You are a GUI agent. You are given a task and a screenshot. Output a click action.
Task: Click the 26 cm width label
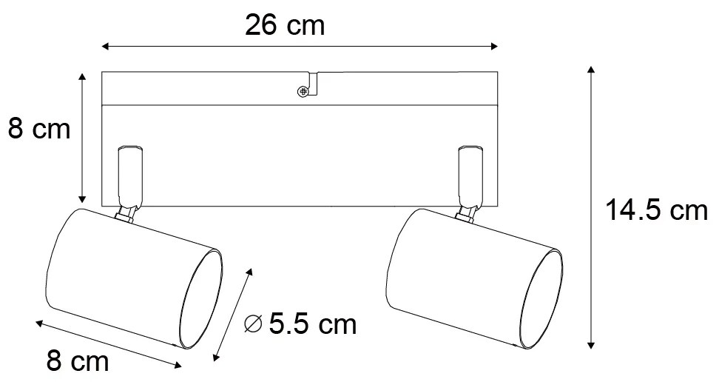[x=285, y=25]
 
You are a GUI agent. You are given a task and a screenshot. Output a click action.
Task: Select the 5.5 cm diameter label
[x=311, y=324]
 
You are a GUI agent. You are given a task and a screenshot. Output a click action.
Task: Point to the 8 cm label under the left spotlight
[x=77, y=363]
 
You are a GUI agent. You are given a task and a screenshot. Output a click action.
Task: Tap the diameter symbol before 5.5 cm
[x=253, y=324]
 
